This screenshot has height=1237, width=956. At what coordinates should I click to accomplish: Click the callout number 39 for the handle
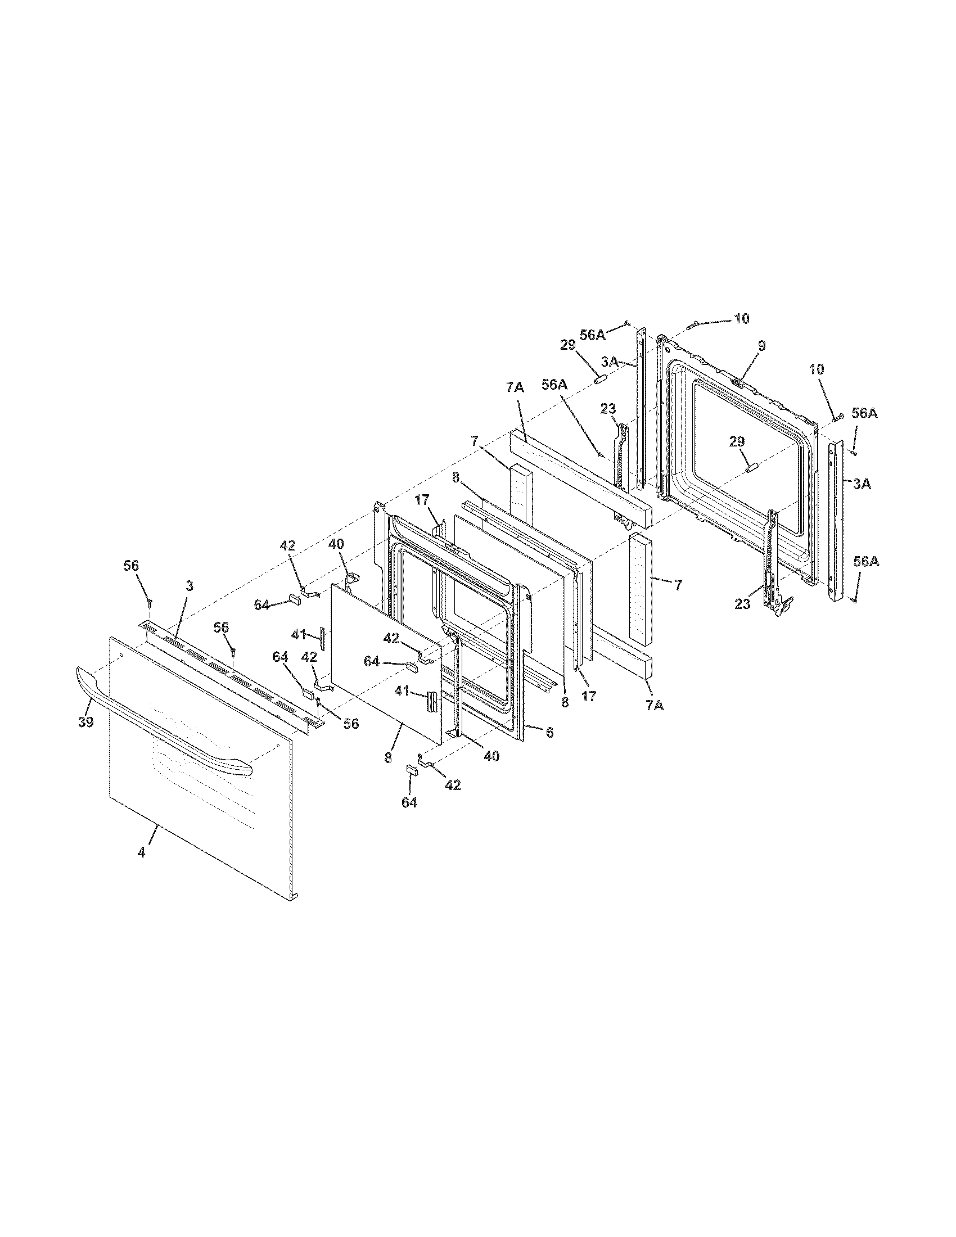86,721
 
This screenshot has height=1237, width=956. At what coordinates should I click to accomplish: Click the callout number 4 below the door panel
142,868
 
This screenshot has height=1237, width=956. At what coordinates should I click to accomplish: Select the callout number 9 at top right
762,345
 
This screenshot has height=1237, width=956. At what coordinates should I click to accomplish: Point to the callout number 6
549,732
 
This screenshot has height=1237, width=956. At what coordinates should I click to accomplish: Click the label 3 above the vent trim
189,586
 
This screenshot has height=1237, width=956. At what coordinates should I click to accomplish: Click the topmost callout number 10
741,319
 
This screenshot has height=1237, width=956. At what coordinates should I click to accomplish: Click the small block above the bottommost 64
412,769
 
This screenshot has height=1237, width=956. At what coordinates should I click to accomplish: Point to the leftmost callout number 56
132,566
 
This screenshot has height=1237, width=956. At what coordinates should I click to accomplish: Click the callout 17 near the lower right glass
589,696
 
